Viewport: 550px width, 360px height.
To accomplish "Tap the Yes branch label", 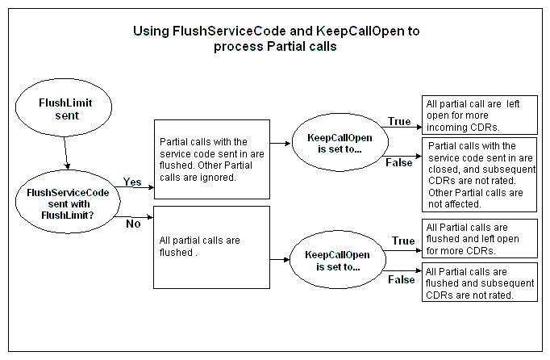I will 132,182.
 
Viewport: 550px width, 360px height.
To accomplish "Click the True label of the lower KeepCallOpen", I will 402,241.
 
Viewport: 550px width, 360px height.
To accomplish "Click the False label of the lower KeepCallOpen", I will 402,279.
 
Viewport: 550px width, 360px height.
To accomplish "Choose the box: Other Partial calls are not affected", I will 479,174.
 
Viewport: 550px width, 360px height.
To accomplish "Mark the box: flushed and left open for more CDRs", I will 479,238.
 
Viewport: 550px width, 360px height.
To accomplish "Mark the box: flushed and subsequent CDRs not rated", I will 479,283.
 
